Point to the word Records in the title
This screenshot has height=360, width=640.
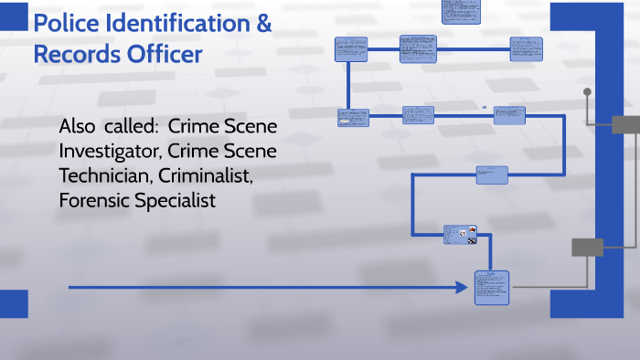tap(79, 54)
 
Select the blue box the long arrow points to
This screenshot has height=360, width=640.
tap(491, 288)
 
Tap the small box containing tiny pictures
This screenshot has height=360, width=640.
tap(461, 235)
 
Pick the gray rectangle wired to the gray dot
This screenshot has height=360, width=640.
tap(626, 125)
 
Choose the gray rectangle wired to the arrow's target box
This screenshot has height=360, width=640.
tap(587, 247)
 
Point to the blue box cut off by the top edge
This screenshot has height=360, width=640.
tap(461, 10)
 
